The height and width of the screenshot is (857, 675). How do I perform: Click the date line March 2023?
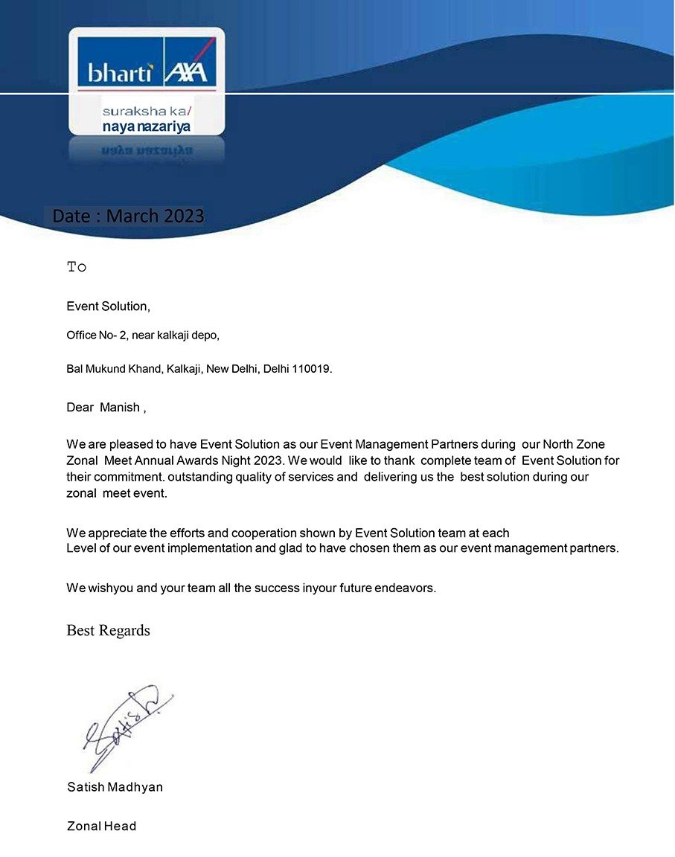[x=128, y=216]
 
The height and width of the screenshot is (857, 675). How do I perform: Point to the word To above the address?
[x=77, y=267]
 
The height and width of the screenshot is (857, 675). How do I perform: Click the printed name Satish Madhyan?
[x=115, y=787]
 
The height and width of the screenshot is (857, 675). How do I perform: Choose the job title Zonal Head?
[x=101, y=826]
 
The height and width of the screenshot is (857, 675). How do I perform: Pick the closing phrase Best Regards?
[x=108, y=631]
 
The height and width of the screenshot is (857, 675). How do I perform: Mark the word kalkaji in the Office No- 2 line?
[x=176, y=336]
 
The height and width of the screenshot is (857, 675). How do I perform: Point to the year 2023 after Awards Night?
[x=265, y=461]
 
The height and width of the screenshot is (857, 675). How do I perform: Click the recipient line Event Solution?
[x=108, y=306]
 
